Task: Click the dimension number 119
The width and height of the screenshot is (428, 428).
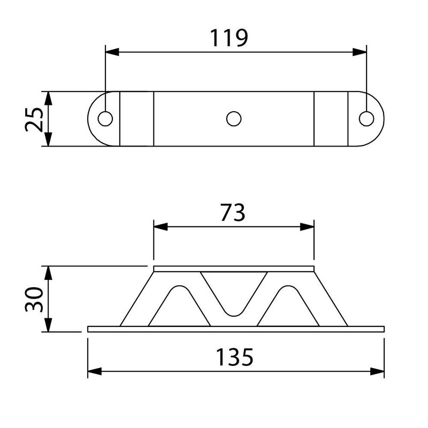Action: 228,38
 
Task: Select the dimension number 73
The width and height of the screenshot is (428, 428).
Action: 233,213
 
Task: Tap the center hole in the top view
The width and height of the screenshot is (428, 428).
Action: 234,119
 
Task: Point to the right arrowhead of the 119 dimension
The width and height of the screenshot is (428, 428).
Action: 360,52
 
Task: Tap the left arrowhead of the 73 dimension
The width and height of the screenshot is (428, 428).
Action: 160,227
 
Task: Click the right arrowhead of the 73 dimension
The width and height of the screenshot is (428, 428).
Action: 307,227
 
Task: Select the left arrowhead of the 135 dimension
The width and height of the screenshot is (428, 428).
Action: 95,371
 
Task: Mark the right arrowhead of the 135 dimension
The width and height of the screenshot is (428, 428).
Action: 378,371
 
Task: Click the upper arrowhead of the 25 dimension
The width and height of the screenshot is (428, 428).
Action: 48,98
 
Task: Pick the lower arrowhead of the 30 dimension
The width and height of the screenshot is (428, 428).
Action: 48,325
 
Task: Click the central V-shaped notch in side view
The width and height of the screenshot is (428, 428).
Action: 234,294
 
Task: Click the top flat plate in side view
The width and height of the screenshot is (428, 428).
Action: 234,268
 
